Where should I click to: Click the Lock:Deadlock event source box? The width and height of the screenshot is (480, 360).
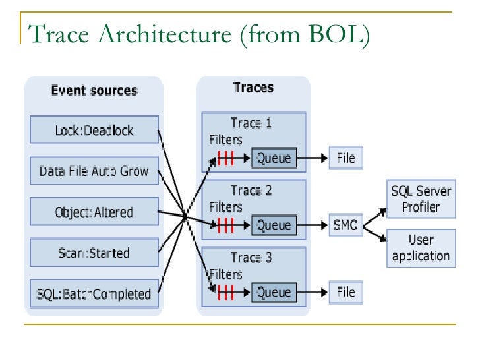(94, 131)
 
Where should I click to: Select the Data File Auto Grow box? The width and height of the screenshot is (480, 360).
(94, 171)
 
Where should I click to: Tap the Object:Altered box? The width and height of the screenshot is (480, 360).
(94, 212)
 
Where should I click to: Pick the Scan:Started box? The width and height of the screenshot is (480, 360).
(94, 253)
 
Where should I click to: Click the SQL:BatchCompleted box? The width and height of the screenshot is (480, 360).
(94, 293)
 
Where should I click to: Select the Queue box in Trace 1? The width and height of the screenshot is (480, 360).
(274, 158)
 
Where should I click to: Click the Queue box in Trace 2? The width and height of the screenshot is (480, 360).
(274, 225)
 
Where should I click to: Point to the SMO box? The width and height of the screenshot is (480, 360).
(345, 225)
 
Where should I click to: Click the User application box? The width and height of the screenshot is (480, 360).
(421, 248)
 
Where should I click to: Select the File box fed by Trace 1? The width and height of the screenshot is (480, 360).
(345, 158)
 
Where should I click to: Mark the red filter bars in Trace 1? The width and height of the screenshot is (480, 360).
(226, 158)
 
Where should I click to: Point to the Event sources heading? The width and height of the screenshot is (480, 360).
(94, 90)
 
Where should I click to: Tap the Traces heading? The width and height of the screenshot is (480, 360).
(253, 88)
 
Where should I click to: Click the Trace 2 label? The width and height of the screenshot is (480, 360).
(251, 191)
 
